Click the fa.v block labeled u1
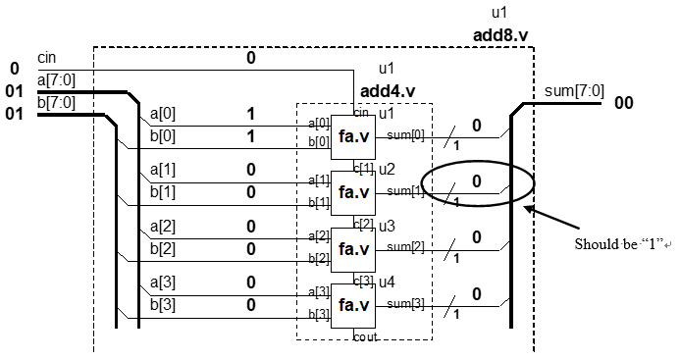pyautogui.click(x=353, y=134)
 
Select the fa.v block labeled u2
pyautogui.click(x=353, y=191)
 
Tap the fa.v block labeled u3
pyautogui.click(x=353, y=248)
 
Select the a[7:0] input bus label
pyautogui.click(x=56, y=78)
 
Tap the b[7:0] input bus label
pyautogui.click(x=56, y=101)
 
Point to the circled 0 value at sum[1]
pyautogui.click(x=477, y=181)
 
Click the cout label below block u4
pyautogui.click(x=365, y=335)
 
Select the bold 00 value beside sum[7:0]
pyautogui.click(x=625, y=103)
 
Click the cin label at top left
pyautogui.click(x=47, y=59)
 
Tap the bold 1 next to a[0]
pyautogui.click(x=250, y=115)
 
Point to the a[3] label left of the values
pyautogui.click(x=163, y=283)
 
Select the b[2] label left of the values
pyautogui.click(x=163, y=248)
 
